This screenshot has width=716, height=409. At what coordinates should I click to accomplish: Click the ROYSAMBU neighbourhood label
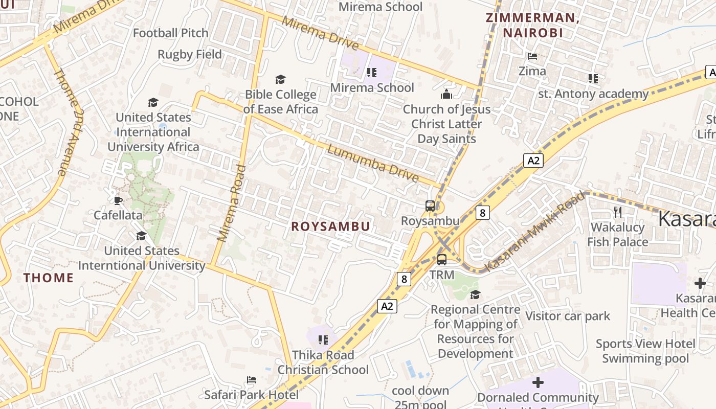tap(330, 226)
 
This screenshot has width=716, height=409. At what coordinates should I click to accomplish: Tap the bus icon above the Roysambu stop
tap(430, 206)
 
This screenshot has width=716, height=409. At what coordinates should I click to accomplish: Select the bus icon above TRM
tap(441, 259)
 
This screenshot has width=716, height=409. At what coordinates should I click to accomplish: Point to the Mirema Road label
tap(231, 203)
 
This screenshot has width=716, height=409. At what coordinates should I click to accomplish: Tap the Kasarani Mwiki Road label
tap(534, 232)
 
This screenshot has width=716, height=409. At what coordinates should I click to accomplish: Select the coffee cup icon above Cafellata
tap(118, 200)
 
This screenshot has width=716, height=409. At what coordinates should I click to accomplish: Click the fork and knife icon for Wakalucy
tap(618, 212)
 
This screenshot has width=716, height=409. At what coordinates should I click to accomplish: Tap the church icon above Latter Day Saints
tap(446, 94)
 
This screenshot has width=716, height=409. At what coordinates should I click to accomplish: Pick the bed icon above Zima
tap(532, 56)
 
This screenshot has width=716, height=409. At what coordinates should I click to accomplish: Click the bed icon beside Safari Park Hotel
tap(251, 380)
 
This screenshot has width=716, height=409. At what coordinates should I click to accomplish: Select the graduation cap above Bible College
tap(280, 79)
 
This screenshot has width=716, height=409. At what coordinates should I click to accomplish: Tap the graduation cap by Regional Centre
tap(475, 294)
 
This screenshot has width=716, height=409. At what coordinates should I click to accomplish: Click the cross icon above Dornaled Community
tap(538, 382)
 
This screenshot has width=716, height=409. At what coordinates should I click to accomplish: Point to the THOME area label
tap(49, 278)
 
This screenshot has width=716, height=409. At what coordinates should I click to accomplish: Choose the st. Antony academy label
tap(593, 94)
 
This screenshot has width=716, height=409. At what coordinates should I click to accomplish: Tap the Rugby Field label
tap(190, 54)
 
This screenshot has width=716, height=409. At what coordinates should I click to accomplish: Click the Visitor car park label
tap(568, 316)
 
